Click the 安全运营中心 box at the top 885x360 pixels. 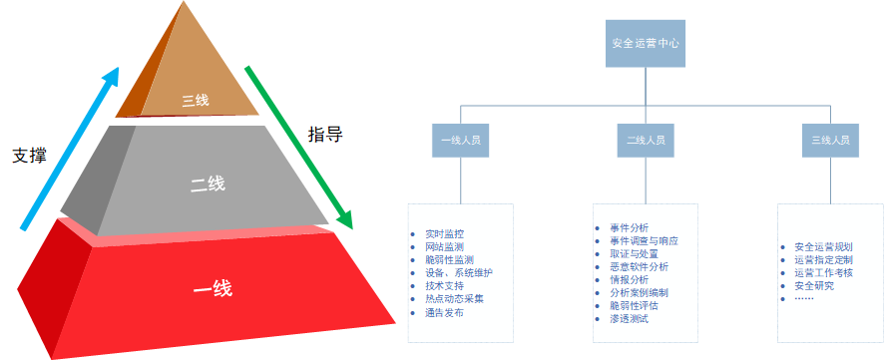point(646,44)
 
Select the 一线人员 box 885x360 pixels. point(461,140)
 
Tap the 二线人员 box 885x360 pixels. point(646,140)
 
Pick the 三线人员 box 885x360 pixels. point(831,140)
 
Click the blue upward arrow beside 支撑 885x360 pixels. point(71,149)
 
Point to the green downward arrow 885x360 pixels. point(299,148)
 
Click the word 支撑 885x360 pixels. point(29,156)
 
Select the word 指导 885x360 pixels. point(325,135)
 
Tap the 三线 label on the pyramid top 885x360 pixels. point(196,101)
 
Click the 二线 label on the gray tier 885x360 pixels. point(208,183)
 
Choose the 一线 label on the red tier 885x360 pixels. point(213,289)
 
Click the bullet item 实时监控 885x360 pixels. point(445,233)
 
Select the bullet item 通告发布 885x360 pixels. point(445,312)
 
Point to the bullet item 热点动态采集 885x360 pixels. point(454,299)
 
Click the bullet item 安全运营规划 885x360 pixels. point(823,246)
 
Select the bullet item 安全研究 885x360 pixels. point(814,286)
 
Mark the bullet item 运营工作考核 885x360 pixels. point(823,273)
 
